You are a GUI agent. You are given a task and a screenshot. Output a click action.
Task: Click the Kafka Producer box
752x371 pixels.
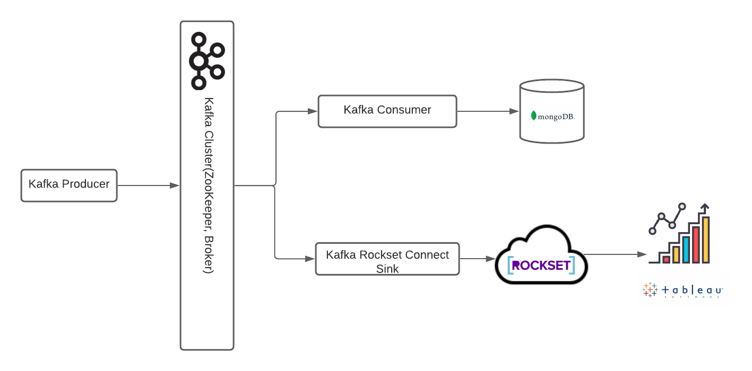[x=69, y=185]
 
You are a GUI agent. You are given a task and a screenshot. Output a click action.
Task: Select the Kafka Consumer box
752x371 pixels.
[x=387, y=111]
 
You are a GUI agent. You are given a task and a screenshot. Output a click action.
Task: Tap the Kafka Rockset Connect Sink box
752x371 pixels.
[x=387, y=259]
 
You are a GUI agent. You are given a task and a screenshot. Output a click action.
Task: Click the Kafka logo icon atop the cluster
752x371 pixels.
[x=206, y=60]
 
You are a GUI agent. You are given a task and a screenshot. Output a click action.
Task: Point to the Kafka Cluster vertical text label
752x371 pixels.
[x=209, y=185]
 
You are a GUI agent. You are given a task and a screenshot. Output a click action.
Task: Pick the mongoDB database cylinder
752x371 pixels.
[x=551, y=111]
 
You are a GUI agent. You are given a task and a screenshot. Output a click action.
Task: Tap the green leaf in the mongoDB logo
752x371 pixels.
[x=533, y=115]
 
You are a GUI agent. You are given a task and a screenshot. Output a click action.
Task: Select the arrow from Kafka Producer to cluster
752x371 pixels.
[x=149, y=185]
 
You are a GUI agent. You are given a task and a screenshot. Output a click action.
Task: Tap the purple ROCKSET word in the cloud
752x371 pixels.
[x=541, y=265]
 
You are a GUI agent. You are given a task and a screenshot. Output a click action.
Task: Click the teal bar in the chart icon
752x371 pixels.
[x=686, y=250]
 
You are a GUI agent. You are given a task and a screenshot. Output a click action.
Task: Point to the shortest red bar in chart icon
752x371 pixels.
[x=666, y=259]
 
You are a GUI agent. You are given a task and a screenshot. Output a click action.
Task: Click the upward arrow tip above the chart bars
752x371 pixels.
[x=705, y=206]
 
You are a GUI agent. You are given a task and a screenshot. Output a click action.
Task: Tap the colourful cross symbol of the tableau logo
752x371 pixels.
[x=650, y=289]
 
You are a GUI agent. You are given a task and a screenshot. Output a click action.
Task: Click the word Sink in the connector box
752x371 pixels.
[x=387, y=269]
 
